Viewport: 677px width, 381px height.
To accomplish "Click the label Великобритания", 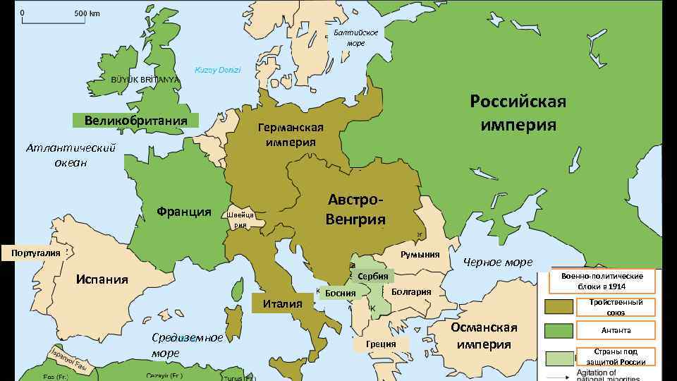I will coord(135,120).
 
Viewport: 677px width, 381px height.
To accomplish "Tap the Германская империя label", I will coord(291,135).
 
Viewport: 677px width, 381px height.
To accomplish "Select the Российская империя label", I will coord(518,113).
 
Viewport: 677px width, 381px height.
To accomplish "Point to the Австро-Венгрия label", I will coord(355,210).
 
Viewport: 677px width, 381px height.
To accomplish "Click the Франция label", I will coord(184,212).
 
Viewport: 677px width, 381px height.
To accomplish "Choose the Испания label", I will coord(102,279).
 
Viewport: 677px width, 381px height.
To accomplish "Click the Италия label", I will coord(282,303).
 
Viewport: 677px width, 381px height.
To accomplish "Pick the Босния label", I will coord(341,293).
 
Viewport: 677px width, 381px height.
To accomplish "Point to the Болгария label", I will coord(411,291).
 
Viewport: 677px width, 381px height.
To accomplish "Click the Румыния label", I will coord(420,255).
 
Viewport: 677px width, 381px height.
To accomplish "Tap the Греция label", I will coord(381,344).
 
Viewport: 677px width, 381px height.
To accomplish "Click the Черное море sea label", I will coord(498,262).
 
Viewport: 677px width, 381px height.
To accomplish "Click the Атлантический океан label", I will coord(71,155).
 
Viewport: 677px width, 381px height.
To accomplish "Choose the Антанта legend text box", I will coord(616,330).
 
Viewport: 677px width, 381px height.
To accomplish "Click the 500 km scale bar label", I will coord(87,13).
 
